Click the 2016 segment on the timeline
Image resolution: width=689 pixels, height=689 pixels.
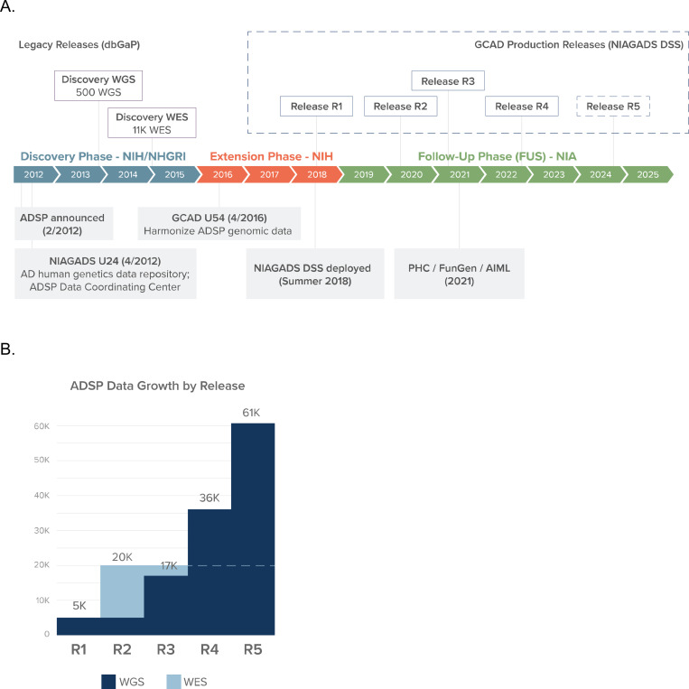(x=221, y=174)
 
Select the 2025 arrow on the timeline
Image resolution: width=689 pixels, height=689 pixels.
(x=647, y=174)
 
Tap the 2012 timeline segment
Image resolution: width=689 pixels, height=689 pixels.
(x=34, y=174)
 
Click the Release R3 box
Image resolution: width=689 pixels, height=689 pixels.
(x=448, y=81)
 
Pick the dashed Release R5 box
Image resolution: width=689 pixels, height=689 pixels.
(x=613, y=107)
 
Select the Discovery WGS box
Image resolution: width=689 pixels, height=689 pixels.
(x=98, y=86)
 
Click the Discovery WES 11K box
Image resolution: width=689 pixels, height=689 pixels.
(x=152, y=123)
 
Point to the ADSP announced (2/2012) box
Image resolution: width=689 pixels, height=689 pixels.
(x=64, y=224)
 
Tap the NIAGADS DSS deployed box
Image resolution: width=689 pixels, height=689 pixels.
(x=315, y=274)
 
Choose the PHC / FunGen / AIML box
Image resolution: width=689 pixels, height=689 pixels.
(x=460, y=274)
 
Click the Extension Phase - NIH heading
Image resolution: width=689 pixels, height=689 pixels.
(x=271, y=156)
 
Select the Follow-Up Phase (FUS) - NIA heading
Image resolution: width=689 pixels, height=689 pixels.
(x=497, y=156)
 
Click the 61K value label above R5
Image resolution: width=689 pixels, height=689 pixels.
(x=251, y=413)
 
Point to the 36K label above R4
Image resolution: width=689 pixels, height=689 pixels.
(x=209, y=498)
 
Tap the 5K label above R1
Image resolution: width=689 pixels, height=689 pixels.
(x=79, y=606)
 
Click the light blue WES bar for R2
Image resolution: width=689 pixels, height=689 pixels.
(x=122, y=591)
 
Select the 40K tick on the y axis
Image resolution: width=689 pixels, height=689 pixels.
(x=42, y=495)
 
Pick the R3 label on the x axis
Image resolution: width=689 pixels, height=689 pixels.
(x=165, y=649)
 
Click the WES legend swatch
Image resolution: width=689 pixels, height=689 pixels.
(x=174, y=682)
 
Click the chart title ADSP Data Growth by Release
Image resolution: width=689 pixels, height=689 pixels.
(x=157, y=386)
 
